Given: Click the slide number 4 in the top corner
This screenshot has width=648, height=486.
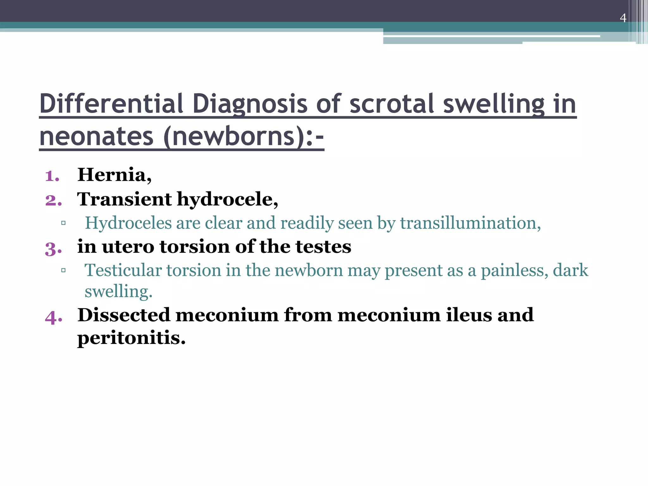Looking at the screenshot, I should click(623, 18).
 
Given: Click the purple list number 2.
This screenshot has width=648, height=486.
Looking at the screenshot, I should click(53, 200).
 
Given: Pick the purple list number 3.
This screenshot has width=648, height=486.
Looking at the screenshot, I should click(53, 248).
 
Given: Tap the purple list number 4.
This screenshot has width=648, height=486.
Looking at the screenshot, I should click(53, 317).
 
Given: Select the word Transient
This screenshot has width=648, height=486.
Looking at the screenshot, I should click(125, 199).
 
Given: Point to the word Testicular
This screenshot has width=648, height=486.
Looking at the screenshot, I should click(123, 271).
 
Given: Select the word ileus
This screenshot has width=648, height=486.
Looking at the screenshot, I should click(469, 315).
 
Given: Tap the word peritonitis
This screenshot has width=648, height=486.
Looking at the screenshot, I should click(131, 338).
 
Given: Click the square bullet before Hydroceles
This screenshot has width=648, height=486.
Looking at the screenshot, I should click(63, 223).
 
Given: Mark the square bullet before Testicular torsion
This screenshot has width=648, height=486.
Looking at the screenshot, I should click(63, 271).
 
